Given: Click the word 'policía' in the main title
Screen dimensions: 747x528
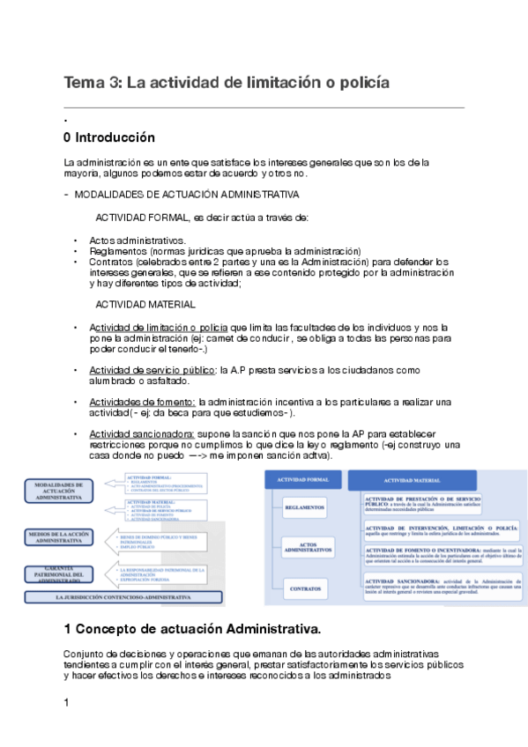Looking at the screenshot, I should pos(359,83).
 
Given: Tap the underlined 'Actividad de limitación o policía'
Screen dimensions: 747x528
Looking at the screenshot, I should pos(159,328).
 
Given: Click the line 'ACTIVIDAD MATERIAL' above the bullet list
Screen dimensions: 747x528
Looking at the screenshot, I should pos(145,305).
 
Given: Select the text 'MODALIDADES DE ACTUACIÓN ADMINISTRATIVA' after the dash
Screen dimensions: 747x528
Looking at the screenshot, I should pos(186,194).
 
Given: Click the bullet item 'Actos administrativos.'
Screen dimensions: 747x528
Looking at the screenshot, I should pos(138,240).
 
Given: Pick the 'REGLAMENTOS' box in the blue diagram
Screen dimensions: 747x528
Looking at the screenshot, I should pos(304,507).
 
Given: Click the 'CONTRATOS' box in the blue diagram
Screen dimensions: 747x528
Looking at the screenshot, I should pos(304,587).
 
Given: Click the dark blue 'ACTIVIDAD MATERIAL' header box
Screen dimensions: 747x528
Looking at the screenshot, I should pos(413,480).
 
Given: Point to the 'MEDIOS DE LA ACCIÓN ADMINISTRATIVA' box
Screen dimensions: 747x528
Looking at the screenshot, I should pos(58,538).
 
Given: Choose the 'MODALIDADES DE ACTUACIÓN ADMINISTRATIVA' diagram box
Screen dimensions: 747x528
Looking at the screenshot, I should pos(58,491).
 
